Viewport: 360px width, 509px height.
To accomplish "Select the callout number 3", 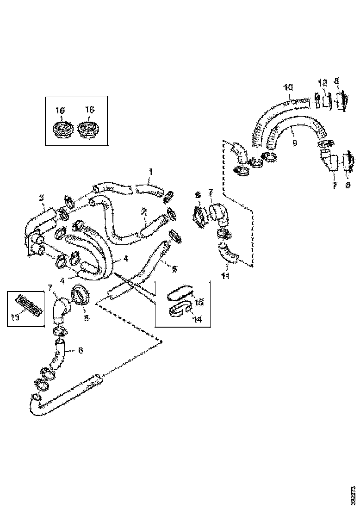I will click(42, 198).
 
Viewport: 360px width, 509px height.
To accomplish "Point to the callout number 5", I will click(174, 268).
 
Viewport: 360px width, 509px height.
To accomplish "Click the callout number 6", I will click(81, 350).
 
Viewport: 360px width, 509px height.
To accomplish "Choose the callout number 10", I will click(288, 87).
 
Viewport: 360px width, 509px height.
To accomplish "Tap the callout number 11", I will click(225, 277).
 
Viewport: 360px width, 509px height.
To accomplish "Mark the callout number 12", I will click(322, 83).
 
